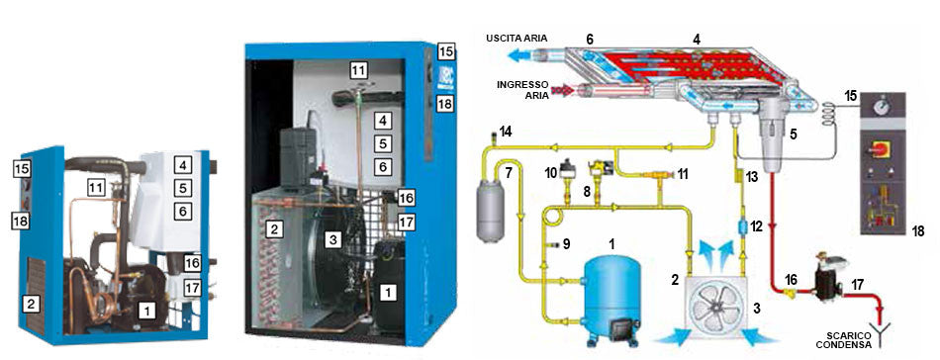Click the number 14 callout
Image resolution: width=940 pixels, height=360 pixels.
pos(508,132)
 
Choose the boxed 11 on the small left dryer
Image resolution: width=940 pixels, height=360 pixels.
pos(95,186)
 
